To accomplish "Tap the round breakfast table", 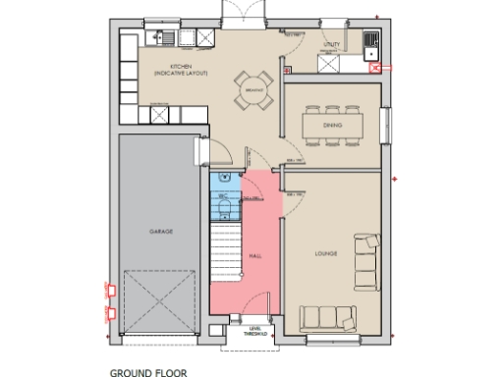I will click(x=251, y=90).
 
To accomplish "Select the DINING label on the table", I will click(x=332, y=126).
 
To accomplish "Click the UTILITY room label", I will click(x=332, y=44).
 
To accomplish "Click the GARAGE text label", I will click(x=161, y=232).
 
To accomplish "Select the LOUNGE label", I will click(x=326, y=254).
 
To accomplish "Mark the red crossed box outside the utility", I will click(x=376, y=68).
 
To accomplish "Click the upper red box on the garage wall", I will click(x=110, y=291).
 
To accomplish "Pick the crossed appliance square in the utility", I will click(x=328, y=63).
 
